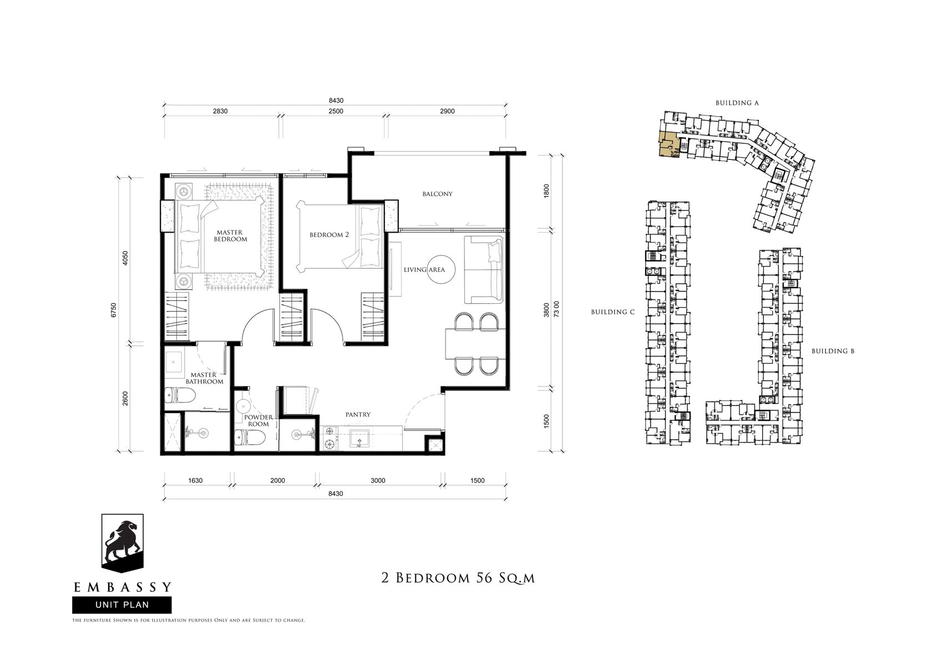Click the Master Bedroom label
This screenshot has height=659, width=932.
[x=230, y=236]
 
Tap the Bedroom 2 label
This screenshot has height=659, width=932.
[x=329, y=235]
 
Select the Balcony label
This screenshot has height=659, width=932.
[x=437, y=194]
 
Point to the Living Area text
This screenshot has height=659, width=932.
[x=424, y=270]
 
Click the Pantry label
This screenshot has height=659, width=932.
[x=358, y=415]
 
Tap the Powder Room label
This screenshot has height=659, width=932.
[x=259, y=420]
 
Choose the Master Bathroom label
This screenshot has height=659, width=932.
[x=204, y=378]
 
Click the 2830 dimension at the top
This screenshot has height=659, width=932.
[x=220, y=111]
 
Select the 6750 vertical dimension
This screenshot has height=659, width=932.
[x=114, y=310]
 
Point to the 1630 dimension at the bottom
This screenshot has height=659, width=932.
[x=195, y=480]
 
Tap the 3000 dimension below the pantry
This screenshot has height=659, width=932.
[x=378, y=480]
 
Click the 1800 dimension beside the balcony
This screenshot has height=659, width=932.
[x=547, y=190]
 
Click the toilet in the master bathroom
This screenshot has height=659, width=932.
[x=180, y=395]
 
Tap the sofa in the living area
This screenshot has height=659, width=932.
[x=484, y=269]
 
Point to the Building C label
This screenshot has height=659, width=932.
[x=613, y=312]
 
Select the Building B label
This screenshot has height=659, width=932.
[x=833, y=351]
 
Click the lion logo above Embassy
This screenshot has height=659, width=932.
[x=122, y=543]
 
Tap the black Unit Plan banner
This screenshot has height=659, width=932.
[x=122, y=605]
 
